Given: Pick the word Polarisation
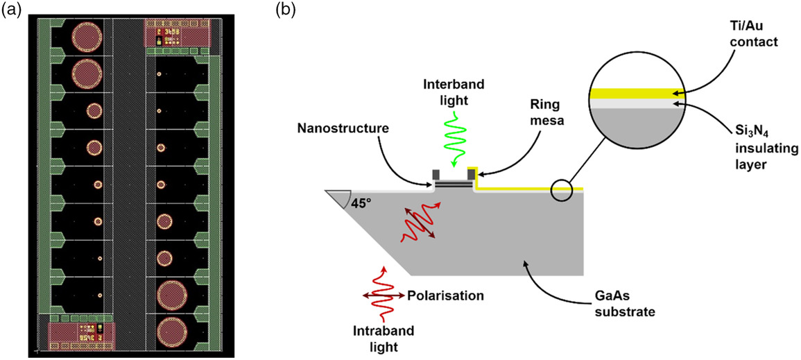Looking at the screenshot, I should pyautogui.click(x=445, y=295).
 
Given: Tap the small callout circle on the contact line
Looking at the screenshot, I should pyautogui.click(x=561, y=189).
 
